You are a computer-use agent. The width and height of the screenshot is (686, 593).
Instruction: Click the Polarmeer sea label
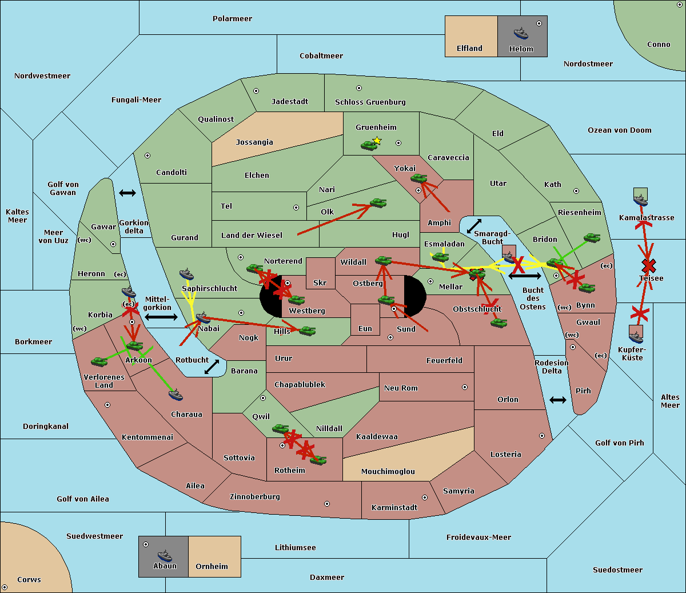click(x=232, y=19)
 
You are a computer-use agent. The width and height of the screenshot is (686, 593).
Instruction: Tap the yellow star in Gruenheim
click(x=377, y=141)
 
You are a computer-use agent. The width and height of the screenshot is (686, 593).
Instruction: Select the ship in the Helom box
click(x=521, y=33)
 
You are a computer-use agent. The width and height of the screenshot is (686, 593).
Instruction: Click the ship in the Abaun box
click(x=165, y=555)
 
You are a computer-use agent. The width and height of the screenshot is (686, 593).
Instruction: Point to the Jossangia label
click(x=254, y=142)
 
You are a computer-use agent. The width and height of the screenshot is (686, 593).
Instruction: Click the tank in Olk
click(x=378, y=203)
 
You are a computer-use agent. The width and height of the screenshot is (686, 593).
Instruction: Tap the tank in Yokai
click(x=418, y=178)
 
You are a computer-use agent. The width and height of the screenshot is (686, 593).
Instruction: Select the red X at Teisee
click(x=648, y=265)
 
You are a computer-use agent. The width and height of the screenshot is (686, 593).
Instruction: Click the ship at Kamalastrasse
click(x=641, y=200)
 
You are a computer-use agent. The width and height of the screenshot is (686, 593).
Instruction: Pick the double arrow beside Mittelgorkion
click(x=161, y=317)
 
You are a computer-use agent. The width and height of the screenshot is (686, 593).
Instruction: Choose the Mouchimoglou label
click(x=388, y=472)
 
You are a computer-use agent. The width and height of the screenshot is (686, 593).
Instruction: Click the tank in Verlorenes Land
click(x=99, y=361)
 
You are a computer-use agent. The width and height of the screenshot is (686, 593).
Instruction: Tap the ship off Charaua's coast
click(x=176, y=395)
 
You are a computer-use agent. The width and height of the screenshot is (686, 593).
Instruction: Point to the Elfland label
click(x=469, y=49)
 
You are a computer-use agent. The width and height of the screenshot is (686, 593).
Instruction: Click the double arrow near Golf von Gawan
click(x=127, y=193)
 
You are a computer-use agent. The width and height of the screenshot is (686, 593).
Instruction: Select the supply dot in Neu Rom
click(x=465, y=387)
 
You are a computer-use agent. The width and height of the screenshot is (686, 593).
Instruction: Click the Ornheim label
click(x=212, y=567)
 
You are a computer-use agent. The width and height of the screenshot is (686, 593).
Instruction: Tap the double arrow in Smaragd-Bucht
click(x=474, y=226)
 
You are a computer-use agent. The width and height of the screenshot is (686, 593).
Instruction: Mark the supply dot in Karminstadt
click(x=425, y=498)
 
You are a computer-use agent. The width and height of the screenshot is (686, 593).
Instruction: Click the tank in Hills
click(x=308, y=331)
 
